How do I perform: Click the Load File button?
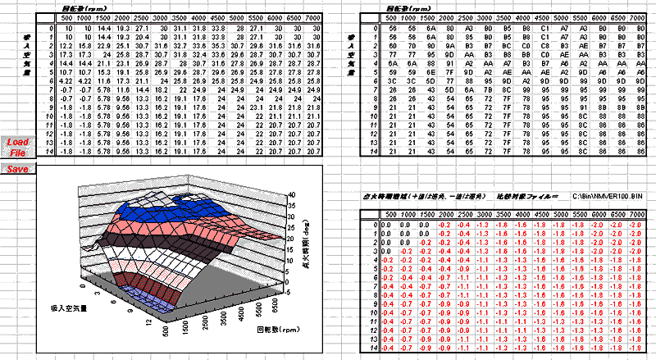(18, 146)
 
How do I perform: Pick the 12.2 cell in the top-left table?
(66, 45)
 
